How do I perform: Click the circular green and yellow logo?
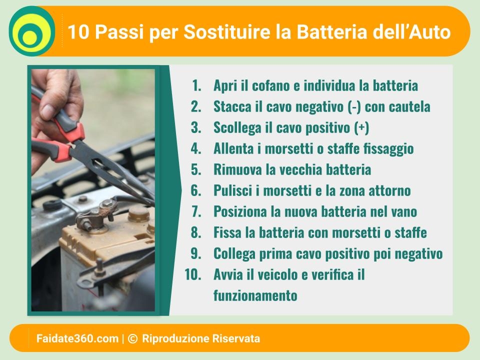click(x=32, y=31)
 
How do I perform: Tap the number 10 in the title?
click(x=78, y=31)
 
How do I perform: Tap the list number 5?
click(x=196, y=169)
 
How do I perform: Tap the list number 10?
click(x=193, y=274)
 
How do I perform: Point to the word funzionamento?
click(x=255, y=295)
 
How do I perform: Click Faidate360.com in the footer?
click(x=77, y=338)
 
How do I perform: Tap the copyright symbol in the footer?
click(x=132, y=338)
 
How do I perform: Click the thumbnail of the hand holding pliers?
click(x=93, y=190)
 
